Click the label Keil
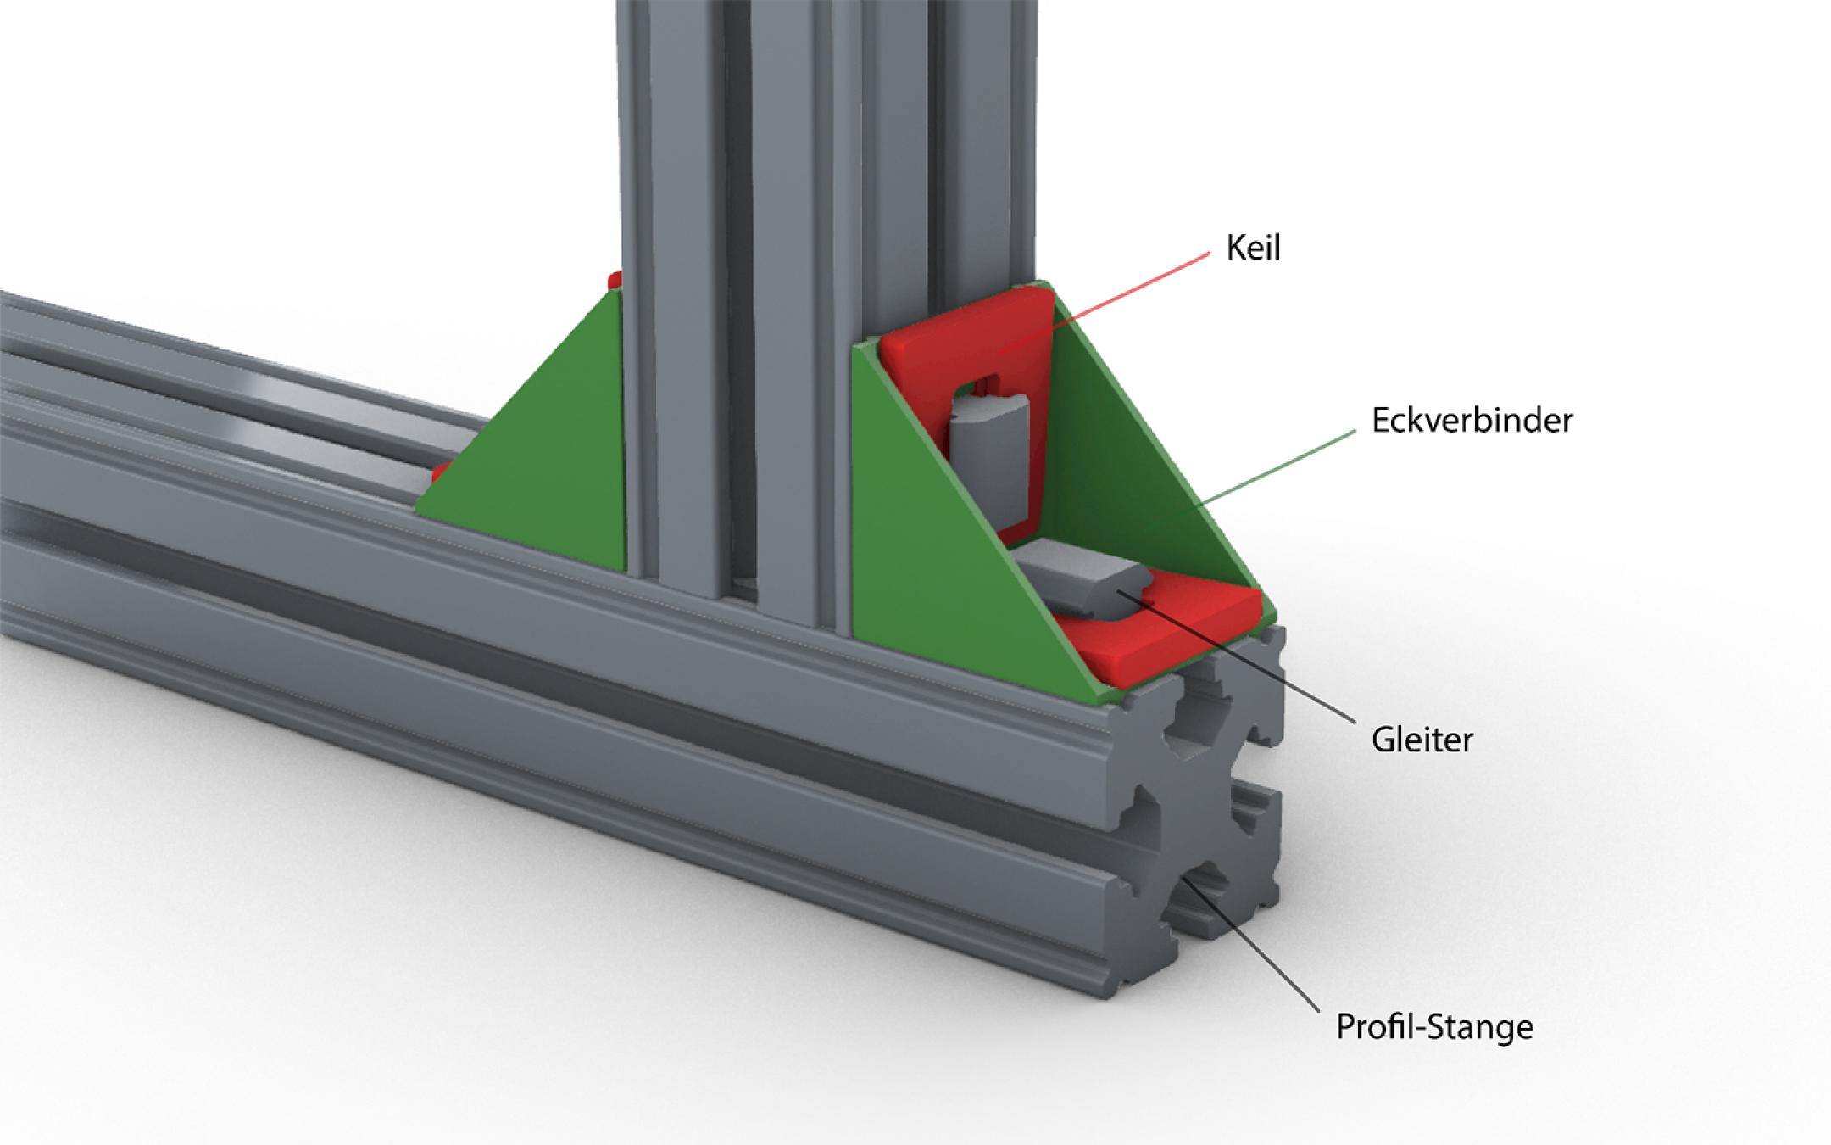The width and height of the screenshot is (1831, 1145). (1253, 248)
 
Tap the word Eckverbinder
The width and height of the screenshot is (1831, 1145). (1472, 421)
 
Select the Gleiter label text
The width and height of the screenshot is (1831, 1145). (1422, 740)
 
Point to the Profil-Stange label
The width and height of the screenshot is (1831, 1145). (1434, 1027)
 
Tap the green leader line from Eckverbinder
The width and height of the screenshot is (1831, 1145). (1272, 471)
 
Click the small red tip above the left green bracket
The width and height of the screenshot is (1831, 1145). (615, 279)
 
